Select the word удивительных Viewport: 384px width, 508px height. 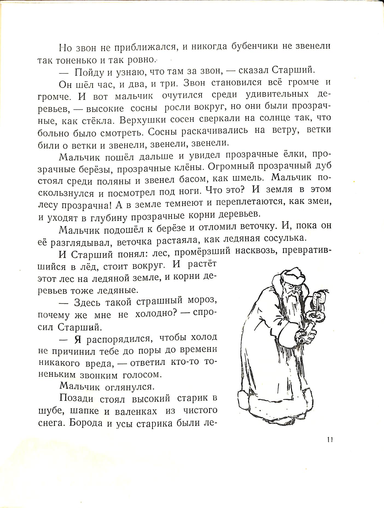277,95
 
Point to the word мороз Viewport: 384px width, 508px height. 203,300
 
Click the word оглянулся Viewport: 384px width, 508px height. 130,387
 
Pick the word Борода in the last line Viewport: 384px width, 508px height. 86,423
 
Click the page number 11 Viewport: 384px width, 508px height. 330,440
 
